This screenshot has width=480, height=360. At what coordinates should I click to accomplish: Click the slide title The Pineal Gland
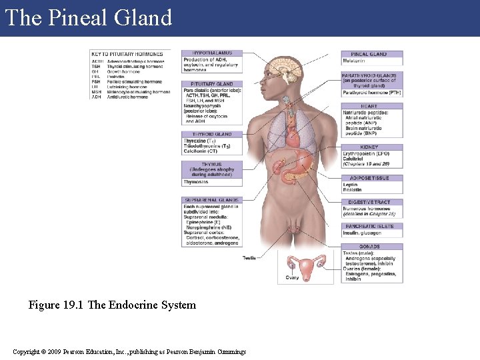click(x=89, y=17)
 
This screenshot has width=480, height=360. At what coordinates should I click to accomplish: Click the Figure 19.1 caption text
click(x=112, y=305)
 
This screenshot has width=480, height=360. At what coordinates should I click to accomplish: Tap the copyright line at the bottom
click(x=129, y=352)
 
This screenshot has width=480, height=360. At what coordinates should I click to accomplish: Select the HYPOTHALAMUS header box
click(x=211, y=53)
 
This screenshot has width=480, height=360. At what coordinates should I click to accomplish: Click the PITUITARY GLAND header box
click(x=211, y=85)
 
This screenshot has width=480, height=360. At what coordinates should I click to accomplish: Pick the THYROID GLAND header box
click(x=211, y=135)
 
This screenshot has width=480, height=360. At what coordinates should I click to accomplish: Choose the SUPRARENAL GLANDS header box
click(x=211, y=200)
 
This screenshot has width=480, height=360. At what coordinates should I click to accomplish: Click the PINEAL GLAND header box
click(x=372, y=54)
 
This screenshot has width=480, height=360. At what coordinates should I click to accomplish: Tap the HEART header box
click(x=372, y=107)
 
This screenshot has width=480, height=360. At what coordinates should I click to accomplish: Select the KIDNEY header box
click(x=372, y=147)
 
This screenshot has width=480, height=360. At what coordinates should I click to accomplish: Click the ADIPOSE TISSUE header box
click(x=372, y=178)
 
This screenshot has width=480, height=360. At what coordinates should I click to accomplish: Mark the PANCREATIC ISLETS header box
click(x=372, y=226)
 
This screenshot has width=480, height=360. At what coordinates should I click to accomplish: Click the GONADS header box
click(x=372, y=247)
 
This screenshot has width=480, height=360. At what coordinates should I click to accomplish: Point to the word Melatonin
click(x=354, y=61)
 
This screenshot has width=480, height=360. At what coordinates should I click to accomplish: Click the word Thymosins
click(x=196, y=182)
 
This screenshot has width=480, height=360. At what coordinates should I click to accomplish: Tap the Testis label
click(x=249, y=258)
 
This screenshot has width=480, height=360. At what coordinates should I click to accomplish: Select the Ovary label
click(x=292, y=278)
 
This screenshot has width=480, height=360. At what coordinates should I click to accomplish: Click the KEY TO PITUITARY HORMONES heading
click(x=127, y=54)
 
